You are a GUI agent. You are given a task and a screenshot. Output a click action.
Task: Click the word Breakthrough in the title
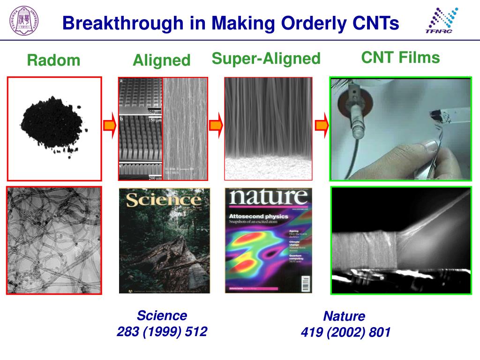(123, 23)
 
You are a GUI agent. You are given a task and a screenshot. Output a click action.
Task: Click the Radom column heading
(53, 60)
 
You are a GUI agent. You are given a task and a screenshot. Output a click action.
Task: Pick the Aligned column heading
(161, 60)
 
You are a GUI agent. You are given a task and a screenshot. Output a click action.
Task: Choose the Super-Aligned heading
(266, 59)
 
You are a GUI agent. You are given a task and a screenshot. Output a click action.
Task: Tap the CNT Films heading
(400, 58)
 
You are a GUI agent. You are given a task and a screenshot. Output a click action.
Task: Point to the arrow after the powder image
(109, 126)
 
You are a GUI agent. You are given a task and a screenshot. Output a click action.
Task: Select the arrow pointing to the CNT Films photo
(322, 126)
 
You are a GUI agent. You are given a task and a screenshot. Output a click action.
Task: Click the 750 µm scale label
(155, 112)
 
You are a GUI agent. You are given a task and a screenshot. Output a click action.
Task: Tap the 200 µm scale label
(155, 178)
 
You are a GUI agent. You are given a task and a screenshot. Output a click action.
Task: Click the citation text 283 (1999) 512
(162, 332)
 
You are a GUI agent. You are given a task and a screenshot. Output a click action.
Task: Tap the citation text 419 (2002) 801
(345, 333)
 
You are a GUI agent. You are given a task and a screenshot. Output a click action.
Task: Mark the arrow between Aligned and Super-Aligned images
(216, 126)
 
